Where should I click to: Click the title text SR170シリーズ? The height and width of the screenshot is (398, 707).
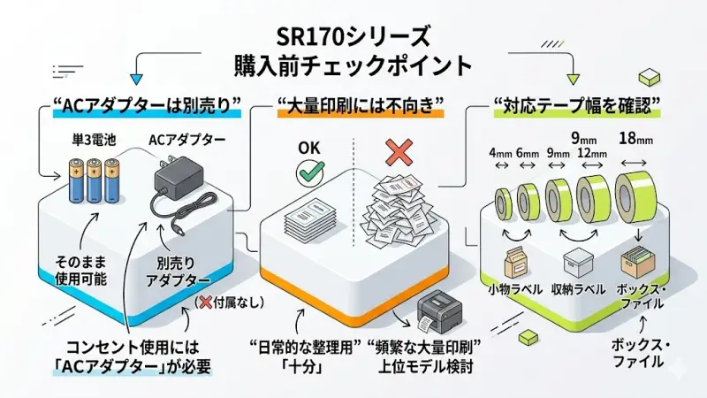pyautogui.click(x=354, y=36)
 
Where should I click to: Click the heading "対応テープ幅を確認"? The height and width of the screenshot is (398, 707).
pyautogui.click(x=577, y=107)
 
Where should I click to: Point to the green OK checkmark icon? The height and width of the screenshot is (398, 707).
pyautogui.click(x=309, y=173)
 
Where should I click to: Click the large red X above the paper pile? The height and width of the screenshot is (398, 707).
pyautogui.click(x=400, y=153)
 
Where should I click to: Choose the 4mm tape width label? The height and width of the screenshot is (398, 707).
pyautogui.click(x=501, y=152)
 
